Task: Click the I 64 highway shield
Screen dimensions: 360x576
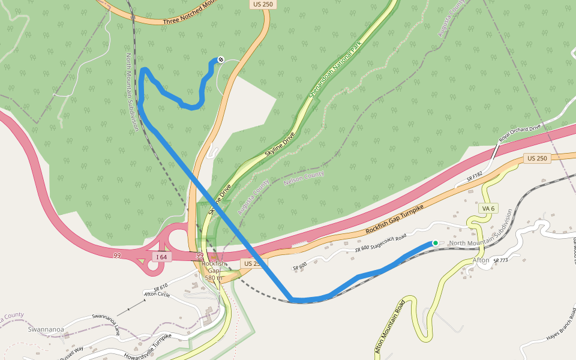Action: [161, 257]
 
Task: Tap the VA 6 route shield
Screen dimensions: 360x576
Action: [488, 208]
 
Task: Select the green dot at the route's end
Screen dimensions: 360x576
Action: [435, 243]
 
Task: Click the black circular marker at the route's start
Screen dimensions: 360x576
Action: [221, 59]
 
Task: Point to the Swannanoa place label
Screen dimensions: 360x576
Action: [46, 329]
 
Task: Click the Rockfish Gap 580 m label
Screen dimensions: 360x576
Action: [214, 271]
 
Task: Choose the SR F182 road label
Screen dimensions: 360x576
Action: [474, 178]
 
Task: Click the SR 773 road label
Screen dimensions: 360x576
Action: [500, 260]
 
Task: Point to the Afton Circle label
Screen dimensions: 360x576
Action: [156, 293]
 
